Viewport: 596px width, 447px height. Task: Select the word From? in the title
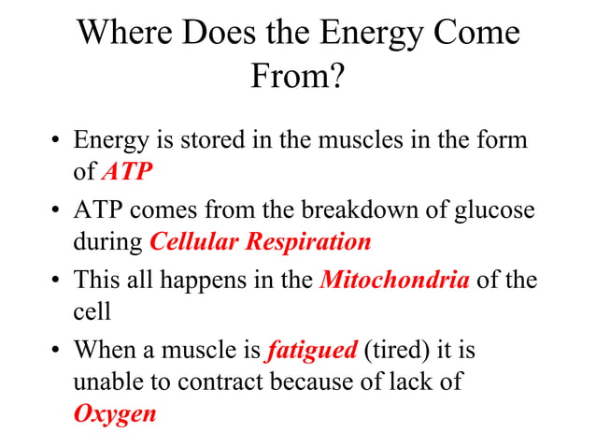[297, 77]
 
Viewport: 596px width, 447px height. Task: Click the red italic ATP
[125, 171]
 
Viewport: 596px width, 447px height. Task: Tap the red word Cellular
[194, 241]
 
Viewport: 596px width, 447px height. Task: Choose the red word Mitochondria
[394, 280]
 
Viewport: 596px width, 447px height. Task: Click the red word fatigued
[311, 351]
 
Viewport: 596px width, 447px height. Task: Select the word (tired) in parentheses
[402, 351]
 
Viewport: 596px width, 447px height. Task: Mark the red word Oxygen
[114, 412]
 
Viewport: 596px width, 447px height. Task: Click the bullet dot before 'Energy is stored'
[56, 142]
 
